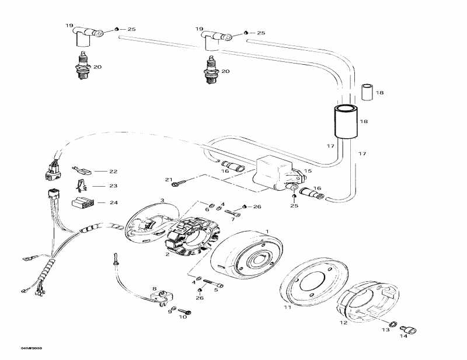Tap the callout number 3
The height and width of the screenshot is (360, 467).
pos(162,200)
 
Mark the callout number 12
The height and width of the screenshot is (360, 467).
pos(343,322)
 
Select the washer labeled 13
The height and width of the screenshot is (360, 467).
pos(392,324)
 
